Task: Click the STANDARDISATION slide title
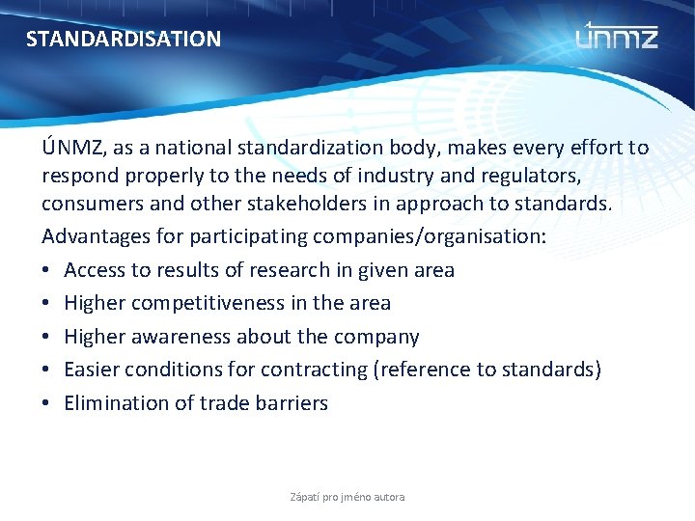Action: (123, 40)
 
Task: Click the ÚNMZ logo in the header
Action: (617, 37)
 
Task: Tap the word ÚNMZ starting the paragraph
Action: (70, 149)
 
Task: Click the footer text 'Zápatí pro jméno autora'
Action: (347, 497)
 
